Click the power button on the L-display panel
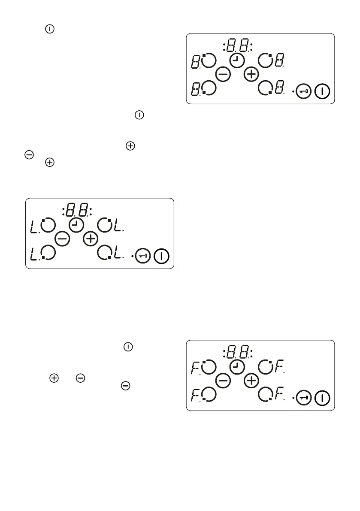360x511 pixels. [x=162, y=256]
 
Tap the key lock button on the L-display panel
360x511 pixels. [x=143, y=256]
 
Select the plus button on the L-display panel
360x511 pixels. [x=91, y=239]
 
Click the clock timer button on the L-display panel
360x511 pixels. [x=76, y=224]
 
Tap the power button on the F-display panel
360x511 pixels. [x=322, y=398]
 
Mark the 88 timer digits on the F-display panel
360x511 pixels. [x=239, y=353]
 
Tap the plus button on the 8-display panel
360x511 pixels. [x=251, y=75]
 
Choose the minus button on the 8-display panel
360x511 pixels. [x=223, y=75]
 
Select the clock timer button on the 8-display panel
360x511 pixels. [x=237, y=60]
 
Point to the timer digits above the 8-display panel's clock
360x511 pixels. [x=239, y=45]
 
